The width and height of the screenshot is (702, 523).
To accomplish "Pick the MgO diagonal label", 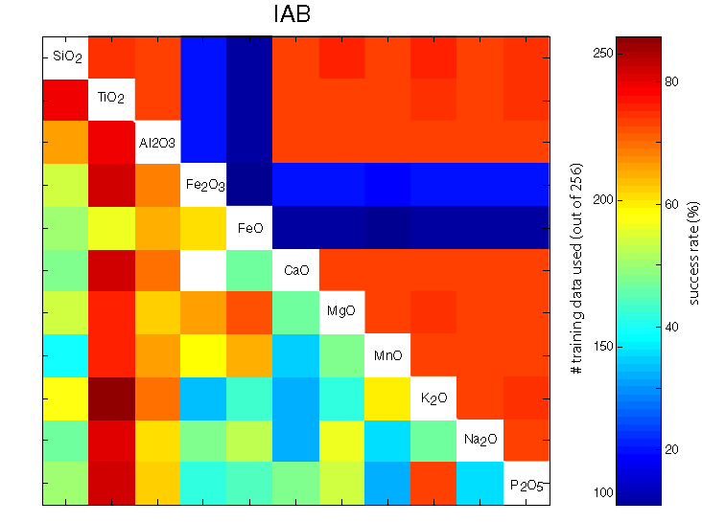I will [342, 311].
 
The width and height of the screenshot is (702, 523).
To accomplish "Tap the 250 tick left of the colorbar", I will [595, 54].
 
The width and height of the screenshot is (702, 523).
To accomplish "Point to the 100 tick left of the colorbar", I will [595, 491].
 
